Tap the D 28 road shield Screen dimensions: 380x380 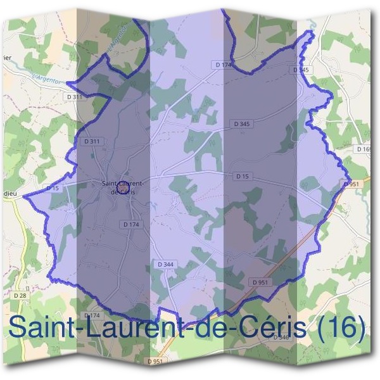(20, 295)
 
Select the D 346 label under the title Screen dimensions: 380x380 (281, 338)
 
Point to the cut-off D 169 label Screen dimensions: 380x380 (365, 149)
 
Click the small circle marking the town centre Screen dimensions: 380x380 (123, 188)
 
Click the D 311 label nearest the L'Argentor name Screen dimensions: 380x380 (75, 96)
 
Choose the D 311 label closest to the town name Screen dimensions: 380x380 (92, 141)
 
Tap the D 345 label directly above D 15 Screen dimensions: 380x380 (241, 124)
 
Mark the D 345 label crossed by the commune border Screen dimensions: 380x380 (302, 70)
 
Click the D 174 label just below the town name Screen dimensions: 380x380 (131, 224)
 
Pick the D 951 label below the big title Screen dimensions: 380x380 (155, 361)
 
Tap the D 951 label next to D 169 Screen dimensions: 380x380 (351, 184)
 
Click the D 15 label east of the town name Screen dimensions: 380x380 (241, 176)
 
